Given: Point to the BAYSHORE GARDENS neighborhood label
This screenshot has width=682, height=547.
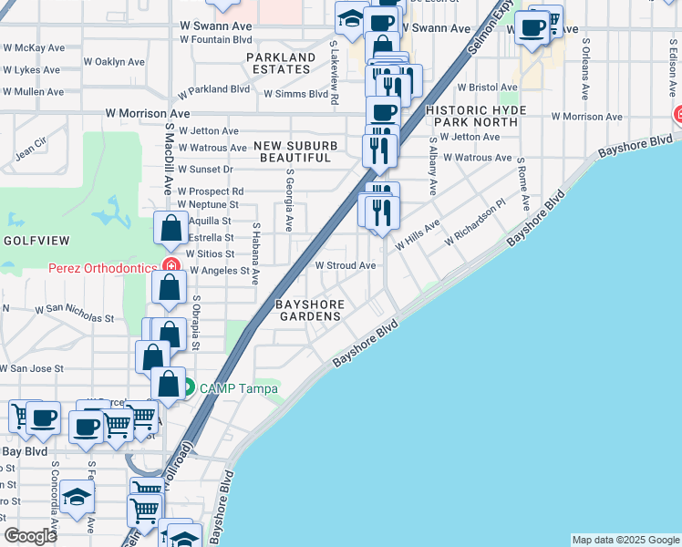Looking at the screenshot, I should pos(311,310).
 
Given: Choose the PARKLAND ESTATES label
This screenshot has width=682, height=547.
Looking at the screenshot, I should pos(280,63).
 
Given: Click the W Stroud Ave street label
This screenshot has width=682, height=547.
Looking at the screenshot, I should pos(346,265).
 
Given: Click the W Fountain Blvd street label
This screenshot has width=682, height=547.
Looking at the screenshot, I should pos(215,39).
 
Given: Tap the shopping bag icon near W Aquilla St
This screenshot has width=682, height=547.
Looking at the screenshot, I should pos(170,228).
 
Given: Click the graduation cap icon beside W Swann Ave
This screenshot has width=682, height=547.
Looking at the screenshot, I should pos(349,17).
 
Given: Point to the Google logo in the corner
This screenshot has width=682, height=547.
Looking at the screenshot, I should pos(31,536).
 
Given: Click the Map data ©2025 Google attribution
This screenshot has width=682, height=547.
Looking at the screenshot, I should pos(625,540).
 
